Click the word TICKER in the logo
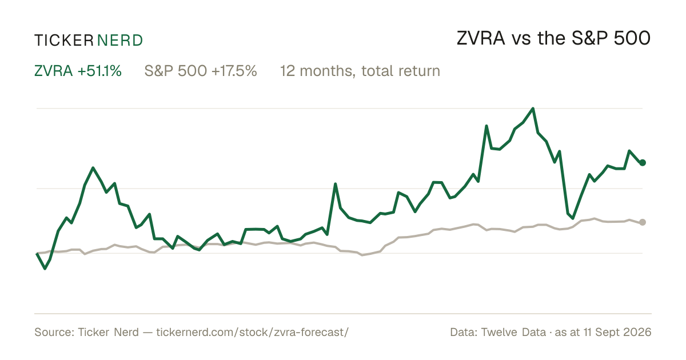pyautogui.click(x=63, y=41)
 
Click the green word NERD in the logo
pyautogui.click(x=119, y=41)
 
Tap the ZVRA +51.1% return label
pyautogui.click(x=78, y=71)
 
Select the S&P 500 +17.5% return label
pyautogui.click(x=201, y=71)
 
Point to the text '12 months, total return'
pyautogui.click(x=360, y=71)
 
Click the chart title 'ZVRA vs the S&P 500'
pyautogui.click(x=553, y=38)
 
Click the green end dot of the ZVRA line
pyautogui.click(x=643, y=162)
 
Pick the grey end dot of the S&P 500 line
pyautogui.click(x=643, y=222)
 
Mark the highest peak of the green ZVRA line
pyautogui.click(x=533, y=109)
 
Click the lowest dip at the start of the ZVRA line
pyautogui.click(x=45, y=269)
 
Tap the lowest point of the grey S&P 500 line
pyautogui.click(x=362, y=255)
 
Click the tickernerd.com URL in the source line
pyautogui.click(x=252, y=332)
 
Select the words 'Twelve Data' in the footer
pyautogui.click(x=513, y=332)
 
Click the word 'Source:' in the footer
pyautogui.click(x=54, y=332)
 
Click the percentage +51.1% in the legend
pyautogui.click(x=99, y=71)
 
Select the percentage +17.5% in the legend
pyautogui.click(x=234, y=71)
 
